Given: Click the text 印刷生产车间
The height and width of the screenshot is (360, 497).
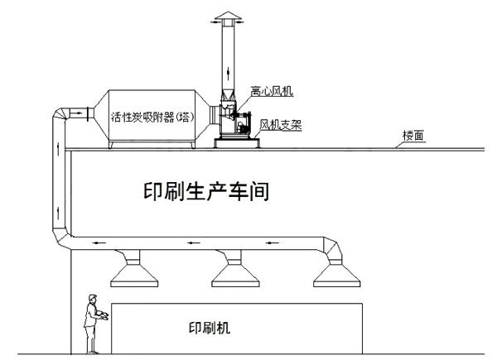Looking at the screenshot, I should [205, 193].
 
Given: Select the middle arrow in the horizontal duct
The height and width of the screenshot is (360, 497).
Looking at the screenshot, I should [191, 243].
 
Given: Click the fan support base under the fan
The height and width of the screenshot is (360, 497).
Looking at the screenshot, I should [236, 142].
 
